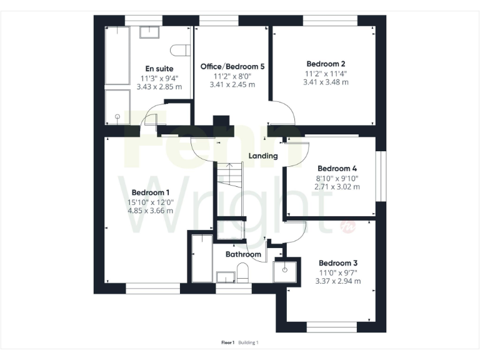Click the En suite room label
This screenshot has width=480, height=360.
159,69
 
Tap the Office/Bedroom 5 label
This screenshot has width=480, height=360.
228,66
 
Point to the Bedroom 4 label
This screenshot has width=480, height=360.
337,168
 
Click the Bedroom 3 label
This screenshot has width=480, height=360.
337,263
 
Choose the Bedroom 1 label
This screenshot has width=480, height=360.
150,192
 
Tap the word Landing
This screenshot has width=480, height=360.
262,156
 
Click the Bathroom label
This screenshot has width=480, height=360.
243,254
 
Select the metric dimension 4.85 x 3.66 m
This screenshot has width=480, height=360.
150,211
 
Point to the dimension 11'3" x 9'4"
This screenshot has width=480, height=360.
159,78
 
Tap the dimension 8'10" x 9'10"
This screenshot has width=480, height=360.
337,177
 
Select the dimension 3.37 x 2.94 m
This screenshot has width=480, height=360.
337,281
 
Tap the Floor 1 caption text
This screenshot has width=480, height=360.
227,342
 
